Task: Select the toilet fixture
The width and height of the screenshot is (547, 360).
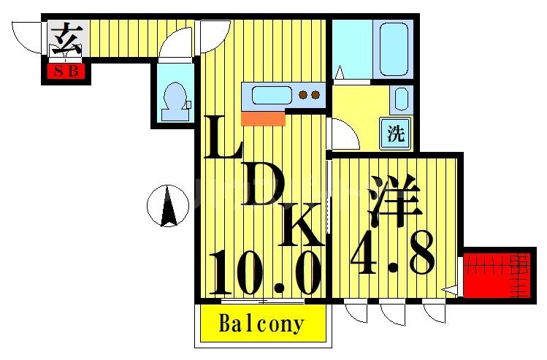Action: click(x=174, y=100)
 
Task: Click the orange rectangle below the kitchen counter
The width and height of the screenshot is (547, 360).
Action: click(x=262, y=118)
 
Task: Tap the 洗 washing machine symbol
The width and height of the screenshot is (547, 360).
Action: click(x=395, y=134)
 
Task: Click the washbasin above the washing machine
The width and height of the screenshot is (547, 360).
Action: click(x=399, y=99)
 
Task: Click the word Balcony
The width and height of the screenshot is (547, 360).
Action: click(x=261, y=323)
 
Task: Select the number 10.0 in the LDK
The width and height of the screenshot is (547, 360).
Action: click(x=264, y=272)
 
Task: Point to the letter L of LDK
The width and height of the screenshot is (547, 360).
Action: click(x=223, y=139)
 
